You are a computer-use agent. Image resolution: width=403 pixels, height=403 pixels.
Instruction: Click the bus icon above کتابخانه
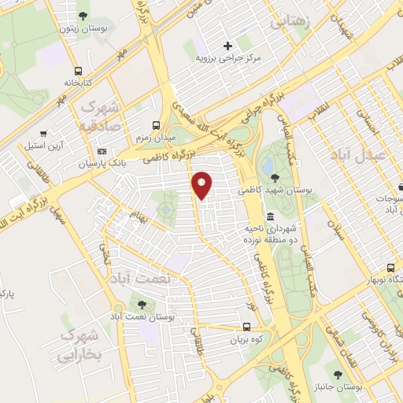[77, 68]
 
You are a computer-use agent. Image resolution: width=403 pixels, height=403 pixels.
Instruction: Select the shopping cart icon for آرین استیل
[53, 133]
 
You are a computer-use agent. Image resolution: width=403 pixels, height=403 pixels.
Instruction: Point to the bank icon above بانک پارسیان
[101, 151]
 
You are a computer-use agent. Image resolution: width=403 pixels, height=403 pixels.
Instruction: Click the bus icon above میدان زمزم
[155, 124]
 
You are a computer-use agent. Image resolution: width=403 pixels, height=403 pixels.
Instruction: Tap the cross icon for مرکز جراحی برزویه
[228, 45]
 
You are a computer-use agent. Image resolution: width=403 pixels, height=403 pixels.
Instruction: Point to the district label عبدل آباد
[366, 154]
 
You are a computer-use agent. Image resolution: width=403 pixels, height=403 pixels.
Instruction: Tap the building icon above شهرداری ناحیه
[270, 216]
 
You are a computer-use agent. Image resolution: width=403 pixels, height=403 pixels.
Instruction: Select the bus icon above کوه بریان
[246, 327]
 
